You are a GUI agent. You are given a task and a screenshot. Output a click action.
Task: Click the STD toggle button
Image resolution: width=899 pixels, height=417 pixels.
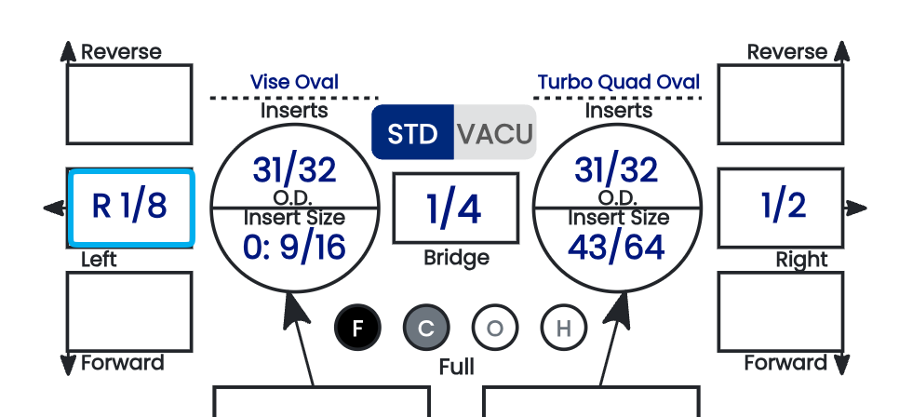(413, 132)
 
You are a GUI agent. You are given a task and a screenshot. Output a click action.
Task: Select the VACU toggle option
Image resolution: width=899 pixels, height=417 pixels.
(495, 132)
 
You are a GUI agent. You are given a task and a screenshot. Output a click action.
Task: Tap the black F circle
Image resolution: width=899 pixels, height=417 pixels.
(357, 328)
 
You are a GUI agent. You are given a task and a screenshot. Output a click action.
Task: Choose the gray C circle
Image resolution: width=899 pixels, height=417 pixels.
(426, 328)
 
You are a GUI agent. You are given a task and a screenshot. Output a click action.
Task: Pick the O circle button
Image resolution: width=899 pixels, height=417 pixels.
(495, 328)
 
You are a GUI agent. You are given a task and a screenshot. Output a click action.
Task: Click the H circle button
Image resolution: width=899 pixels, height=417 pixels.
(564, 328)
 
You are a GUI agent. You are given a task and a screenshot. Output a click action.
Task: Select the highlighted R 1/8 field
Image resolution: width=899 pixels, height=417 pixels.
(130, 208)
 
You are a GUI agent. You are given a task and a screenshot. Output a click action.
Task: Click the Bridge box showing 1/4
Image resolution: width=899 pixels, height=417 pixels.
(456, 208)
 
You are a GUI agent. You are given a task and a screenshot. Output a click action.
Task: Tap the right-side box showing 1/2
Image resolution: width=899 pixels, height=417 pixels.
(780, 208)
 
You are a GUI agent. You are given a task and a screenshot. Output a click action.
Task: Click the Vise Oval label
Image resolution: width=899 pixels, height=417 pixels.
(295, 82)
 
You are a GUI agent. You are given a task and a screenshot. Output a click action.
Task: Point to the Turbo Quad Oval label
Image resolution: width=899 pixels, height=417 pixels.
(619, 82)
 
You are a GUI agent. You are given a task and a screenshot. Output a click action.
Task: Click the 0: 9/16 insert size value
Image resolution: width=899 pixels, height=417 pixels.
(294, 248)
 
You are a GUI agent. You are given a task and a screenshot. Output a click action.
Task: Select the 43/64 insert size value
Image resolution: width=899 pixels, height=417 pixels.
(616, 248)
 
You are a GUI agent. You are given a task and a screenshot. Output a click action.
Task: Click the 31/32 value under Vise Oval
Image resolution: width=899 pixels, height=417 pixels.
(294, 170)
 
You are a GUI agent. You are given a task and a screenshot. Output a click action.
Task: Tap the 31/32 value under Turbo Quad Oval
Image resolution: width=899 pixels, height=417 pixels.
(616, 170)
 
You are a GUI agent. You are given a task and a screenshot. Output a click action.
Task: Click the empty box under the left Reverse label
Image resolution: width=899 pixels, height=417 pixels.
(129, 104)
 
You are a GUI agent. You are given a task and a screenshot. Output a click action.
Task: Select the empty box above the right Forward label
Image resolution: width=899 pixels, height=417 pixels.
(780, 312)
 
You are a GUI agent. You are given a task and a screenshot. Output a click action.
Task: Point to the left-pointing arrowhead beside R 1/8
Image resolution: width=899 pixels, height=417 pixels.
(55, 208)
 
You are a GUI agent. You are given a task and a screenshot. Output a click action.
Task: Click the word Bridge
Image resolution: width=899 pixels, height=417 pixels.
(456, 258)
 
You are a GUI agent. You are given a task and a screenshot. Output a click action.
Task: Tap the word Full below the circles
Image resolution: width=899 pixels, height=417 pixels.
(456, 367)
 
